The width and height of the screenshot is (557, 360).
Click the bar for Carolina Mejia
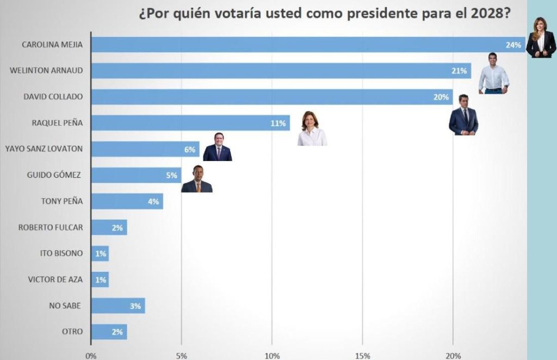(305, 45)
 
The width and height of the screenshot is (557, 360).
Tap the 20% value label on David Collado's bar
(441, 97)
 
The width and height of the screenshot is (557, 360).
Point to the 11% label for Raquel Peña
(278, 123)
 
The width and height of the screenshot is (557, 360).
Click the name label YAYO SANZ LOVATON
(44, 148)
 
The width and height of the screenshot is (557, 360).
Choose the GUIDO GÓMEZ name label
(54, 175)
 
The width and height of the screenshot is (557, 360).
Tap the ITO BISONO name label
(61, 253)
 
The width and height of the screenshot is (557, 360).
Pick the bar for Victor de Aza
(100, 280)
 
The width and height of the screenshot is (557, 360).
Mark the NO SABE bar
(117, 306)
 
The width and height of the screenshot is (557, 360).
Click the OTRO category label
(72, 332)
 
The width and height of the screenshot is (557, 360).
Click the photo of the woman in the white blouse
(312, 129)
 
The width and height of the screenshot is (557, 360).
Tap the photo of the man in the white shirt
(493, 73)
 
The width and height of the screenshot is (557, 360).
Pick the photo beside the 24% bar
(541, 37)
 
